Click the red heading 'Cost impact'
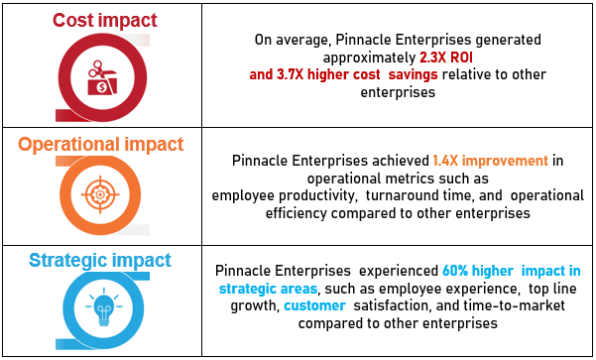(x=104, y=21)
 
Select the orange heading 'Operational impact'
(x=101, y=145)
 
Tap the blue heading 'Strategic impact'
(x=100, y=261)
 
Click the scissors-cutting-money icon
(x=102, y=77)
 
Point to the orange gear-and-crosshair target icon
(x=100, y=194)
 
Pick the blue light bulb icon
(x=104, y=306)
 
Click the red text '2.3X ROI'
(x=446, y=58)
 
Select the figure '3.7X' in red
(x=290, y=74)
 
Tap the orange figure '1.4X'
(x=445, y=161)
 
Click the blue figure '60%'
(x=455, y=271)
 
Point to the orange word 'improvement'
(x=505, y=162)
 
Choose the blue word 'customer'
(x=314, y=305)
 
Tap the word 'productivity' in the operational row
(x=317, y=195)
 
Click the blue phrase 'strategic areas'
(x=269, y=289)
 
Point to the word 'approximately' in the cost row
(x=369, y=59)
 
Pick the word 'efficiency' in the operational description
(x=297, y=213)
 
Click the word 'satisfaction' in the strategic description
(x=392, y=305)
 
